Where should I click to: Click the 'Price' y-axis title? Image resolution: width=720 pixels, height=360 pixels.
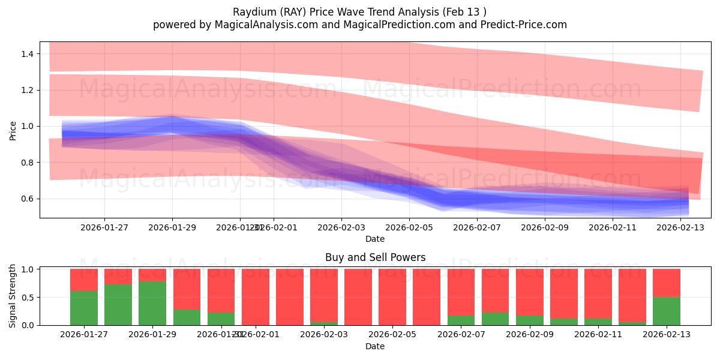tap(13, 130)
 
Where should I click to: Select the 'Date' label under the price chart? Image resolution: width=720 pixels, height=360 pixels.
tap(375, 239)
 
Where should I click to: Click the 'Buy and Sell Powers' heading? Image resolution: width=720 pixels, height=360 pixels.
tap(375, 257)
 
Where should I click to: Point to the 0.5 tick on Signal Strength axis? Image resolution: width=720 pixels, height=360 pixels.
tap(28, 298)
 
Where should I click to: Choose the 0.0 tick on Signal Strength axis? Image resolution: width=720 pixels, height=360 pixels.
tap(28, 325)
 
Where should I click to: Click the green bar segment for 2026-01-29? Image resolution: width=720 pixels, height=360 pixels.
tap(152, 303)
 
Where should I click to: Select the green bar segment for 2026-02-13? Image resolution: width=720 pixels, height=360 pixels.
tap(667, 311)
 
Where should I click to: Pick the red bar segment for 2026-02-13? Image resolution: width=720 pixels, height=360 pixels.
tap(667, 283)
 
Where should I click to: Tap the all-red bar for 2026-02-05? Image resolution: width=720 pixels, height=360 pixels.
tap(392, 297)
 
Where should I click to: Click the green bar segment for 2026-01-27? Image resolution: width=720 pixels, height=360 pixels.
tap(84, 308)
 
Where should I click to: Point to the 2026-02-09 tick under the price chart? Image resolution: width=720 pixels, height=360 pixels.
tap(545, 227)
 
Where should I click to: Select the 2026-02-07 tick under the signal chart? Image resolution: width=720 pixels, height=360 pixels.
tap(461, 334)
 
